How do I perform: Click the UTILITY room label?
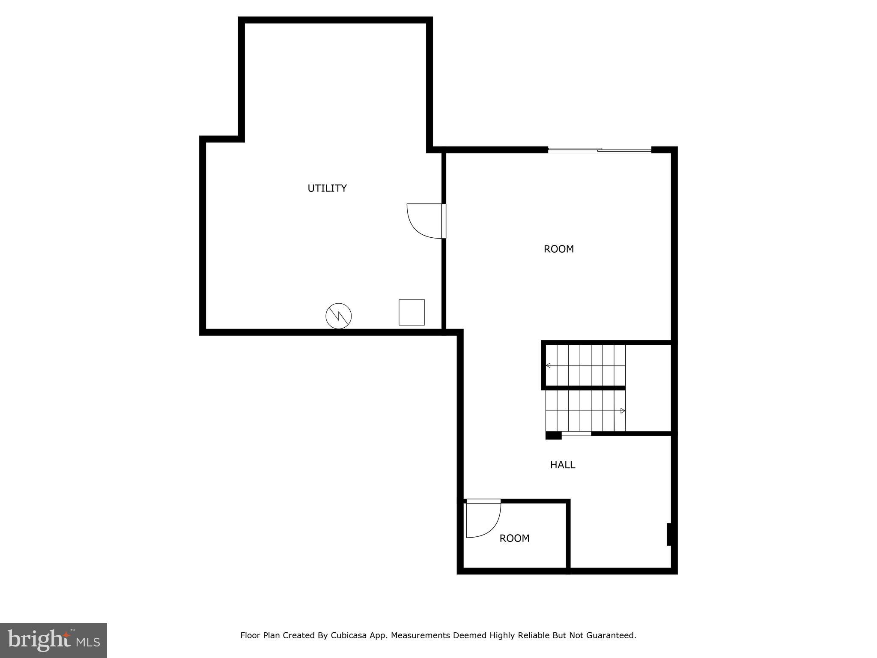pyautogui.click(x=327, y=188)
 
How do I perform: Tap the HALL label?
pyautogui.click(x=562, y=465)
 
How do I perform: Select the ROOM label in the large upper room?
pyautogui.click(x=558, y=249)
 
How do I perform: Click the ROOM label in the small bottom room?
pyautogui.click(x=514, y=538)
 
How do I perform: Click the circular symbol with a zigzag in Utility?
pyautogui.click(x=339, y=316)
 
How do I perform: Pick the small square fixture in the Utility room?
pyautogui.click(x=412, y=312)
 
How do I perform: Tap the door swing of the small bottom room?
pyautogui.click(x=483, y=520)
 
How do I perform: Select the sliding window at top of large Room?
pyautogui.click(x=600, y=150)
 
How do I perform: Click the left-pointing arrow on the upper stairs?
pyautogui.click(x=548, y=365)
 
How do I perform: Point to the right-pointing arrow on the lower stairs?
pyautogui.click(x=623, y=411)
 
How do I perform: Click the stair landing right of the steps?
pyautogui.click(x=648, y=388)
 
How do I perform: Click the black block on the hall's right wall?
pyautogui.click(x=669, y=534)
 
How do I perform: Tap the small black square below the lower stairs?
pyautogui.click(x=553, y=436)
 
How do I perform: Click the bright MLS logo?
pyautogui.click(x=53, y=640)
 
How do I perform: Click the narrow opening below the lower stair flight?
pyautogui.click(x=576, y=434)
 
